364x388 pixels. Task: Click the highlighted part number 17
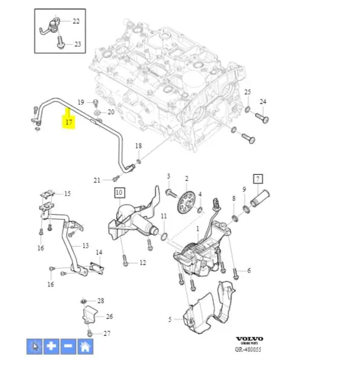tap(69, 123)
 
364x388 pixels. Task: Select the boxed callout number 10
tap(119, 193)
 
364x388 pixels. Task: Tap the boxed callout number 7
tap(258, 179)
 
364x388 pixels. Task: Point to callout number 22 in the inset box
tap(76, 21)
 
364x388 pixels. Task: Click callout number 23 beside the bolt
tap(77, 44)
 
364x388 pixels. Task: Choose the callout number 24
tap(262, 101)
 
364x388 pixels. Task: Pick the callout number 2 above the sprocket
tap(186, 179)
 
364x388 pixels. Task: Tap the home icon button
tap(85, 346)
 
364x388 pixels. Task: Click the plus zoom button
tap(52, 346)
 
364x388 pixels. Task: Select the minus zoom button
tap(68, 346)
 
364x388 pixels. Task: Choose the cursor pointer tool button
tap(35, 346)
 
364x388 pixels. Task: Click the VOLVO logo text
tap(249, 339)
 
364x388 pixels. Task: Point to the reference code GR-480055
tap(249, 349)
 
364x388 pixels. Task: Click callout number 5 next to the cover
tap(171, 319)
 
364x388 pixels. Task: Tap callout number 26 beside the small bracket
tap(109, 316)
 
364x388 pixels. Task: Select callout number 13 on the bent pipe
tap(85, 246)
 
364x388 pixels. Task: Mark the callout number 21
tap(97, 180)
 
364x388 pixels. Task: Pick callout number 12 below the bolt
tap(143, 263)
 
